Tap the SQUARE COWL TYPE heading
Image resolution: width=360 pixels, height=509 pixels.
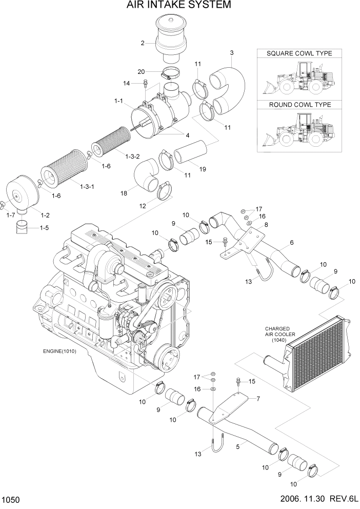tap(299, 53)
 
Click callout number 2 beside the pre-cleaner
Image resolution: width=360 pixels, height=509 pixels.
tap(143, 43)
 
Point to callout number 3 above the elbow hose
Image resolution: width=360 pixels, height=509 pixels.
tap(232, 53)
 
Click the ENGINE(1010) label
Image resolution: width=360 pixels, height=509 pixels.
tap(62, 352)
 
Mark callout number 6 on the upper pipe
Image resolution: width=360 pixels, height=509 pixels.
tap(292, 242)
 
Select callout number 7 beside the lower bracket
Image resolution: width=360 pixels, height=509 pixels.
tap(258, 399)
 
